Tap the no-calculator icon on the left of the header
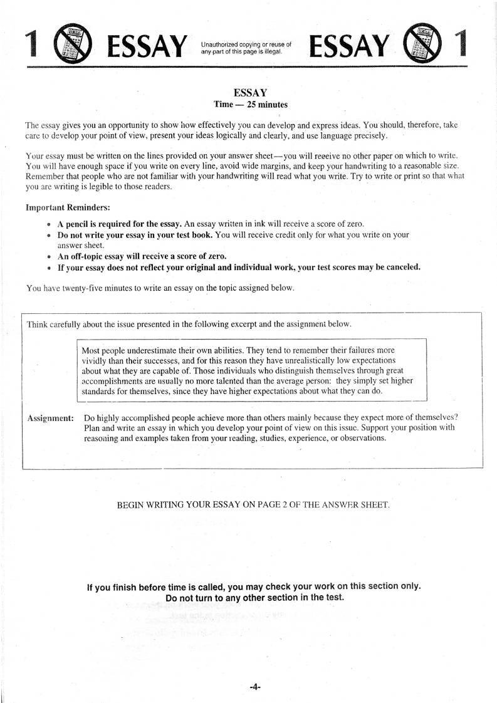point(74,44)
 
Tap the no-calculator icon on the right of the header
point(424,43)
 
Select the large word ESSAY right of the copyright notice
point(350,45)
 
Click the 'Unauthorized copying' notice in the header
point(246,48)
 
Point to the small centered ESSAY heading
point(250,93)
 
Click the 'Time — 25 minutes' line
point(251,105)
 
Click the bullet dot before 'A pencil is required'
point(49,224)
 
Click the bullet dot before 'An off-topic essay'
point(49,257)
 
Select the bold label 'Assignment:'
point(51,418)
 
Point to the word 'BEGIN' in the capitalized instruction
point(130,504)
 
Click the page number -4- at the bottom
point(254,687)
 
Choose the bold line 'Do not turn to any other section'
point(254,597)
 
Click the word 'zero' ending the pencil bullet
point(354,224)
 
